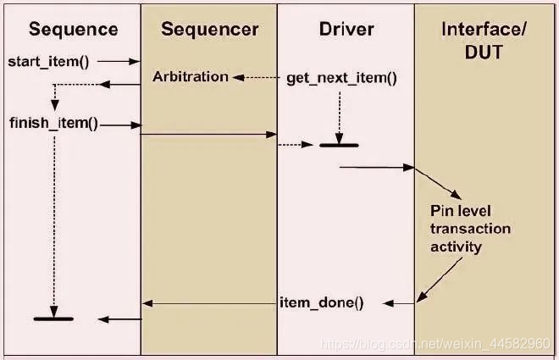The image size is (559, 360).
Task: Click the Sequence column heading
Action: [74, 30]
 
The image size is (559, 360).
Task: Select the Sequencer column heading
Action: [209, 30]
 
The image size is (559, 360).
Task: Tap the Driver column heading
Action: [346, 30]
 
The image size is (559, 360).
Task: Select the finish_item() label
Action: [53, 124]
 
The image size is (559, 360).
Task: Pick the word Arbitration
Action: [191, 77]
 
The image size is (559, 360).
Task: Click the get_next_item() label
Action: [342, 78]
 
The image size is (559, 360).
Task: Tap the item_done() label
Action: [321, 302]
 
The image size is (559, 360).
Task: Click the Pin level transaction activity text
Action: [470, 228]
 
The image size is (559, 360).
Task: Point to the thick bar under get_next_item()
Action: [339, 146]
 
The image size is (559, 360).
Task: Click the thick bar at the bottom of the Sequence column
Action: [53, 319]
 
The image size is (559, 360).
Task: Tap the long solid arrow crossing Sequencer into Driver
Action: [208, 134]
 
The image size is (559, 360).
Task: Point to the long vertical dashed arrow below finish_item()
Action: [53, 220]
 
